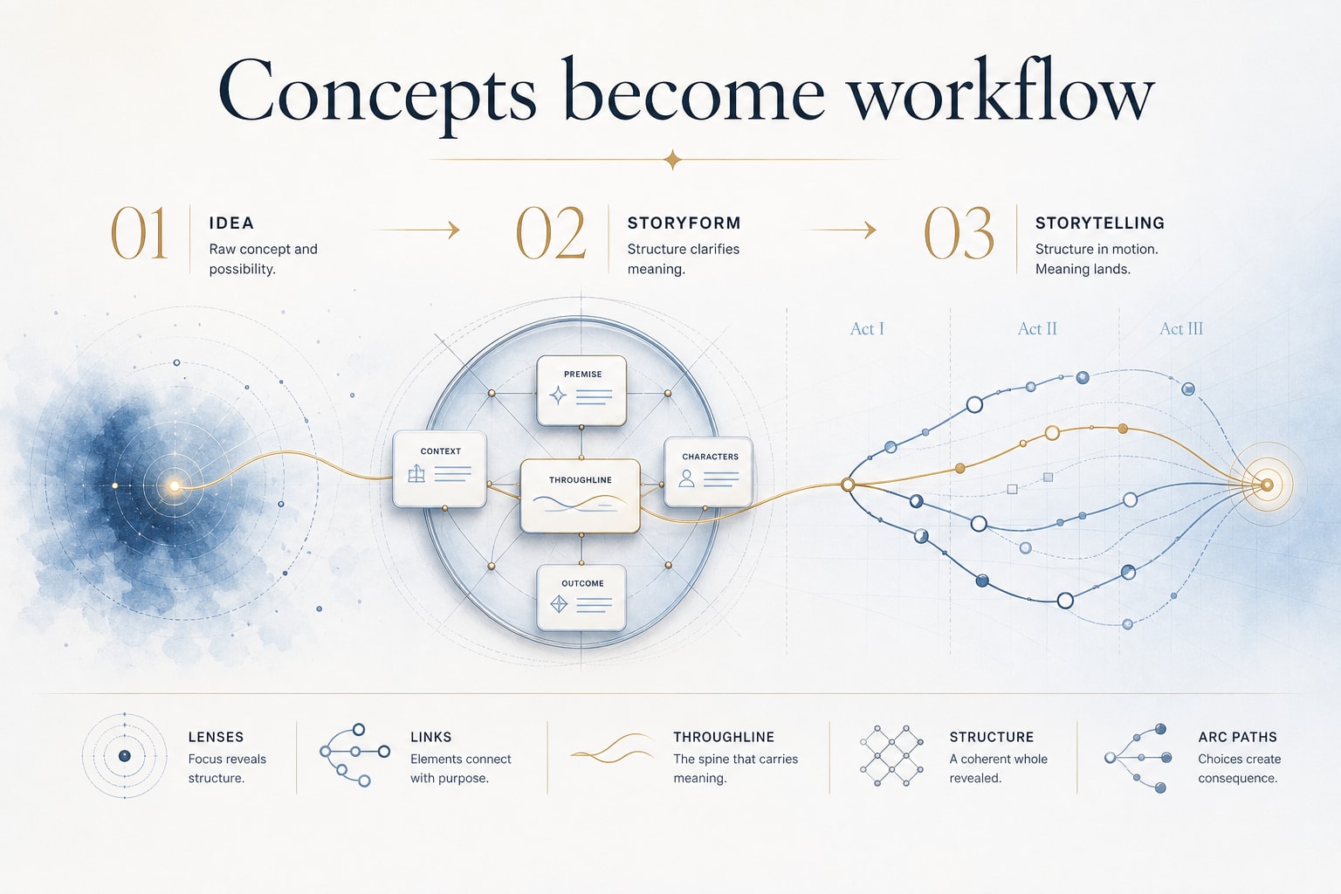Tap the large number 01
point(139,233)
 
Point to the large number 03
point(959,233)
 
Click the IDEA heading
point(231,223)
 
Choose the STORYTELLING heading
point(1100,223)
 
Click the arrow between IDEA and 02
point(416,230)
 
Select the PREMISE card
point(582,390)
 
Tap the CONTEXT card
point(439,469)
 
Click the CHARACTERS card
point(708,471)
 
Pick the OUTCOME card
point(582,597)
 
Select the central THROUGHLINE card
point(580,496)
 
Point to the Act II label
point(1037,329)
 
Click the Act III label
point(1181,329)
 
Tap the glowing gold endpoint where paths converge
point(1267,485)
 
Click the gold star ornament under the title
point(673,160)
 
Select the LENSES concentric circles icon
point(125,756)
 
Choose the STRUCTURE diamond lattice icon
point(892,756)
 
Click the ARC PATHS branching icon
point(1138,758)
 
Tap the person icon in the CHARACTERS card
point(687,478)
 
